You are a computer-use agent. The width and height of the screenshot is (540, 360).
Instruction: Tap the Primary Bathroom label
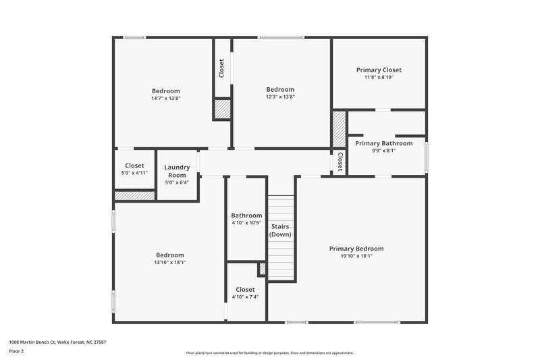click(x=383, y=143)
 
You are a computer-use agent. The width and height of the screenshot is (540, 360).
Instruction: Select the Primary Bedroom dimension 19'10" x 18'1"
click(x=356, y=256)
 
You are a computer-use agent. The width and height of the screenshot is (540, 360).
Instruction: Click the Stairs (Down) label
click(x=280, y=230)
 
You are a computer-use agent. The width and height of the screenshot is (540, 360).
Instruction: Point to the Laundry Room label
click(x=177, y=171)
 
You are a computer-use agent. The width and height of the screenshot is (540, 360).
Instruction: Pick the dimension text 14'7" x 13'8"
click(x=165, y=98)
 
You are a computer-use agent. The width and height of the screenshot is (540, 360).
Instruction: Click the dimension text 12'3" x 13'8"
click(x=280, y=97)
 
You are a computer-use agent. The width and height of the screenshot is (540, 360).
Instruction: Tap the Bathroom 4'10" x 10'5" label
click(x=246, y=219)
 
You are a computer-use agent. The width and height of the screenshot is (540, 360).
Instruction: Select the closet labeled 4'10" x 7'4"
click(x=245, y=292)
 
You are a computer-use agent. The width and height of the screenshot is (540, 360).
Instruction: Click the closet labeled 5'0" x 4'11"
click(x=134, y=169)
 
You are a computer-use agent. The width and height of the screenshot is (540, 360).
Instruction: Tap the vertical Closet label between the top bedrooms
click(x=221, y=68)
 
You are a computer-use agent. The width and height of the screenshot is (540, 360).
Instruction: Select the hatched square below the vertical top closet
click(x=222, y=109)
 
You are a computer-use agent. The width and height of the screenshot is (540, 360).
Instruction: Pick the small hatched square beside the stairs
click(x=262, y=269)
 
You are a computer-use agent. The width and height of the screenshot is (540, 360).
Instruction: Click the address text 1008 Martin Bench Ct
click(x=57, y=342)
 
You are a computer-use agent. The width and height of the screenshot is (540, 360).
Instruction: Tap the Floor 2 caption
click(x=16, y=351)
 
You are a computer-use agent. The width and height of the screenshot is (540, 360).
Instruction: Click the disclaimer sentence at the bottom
click(x=269, y=353)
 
